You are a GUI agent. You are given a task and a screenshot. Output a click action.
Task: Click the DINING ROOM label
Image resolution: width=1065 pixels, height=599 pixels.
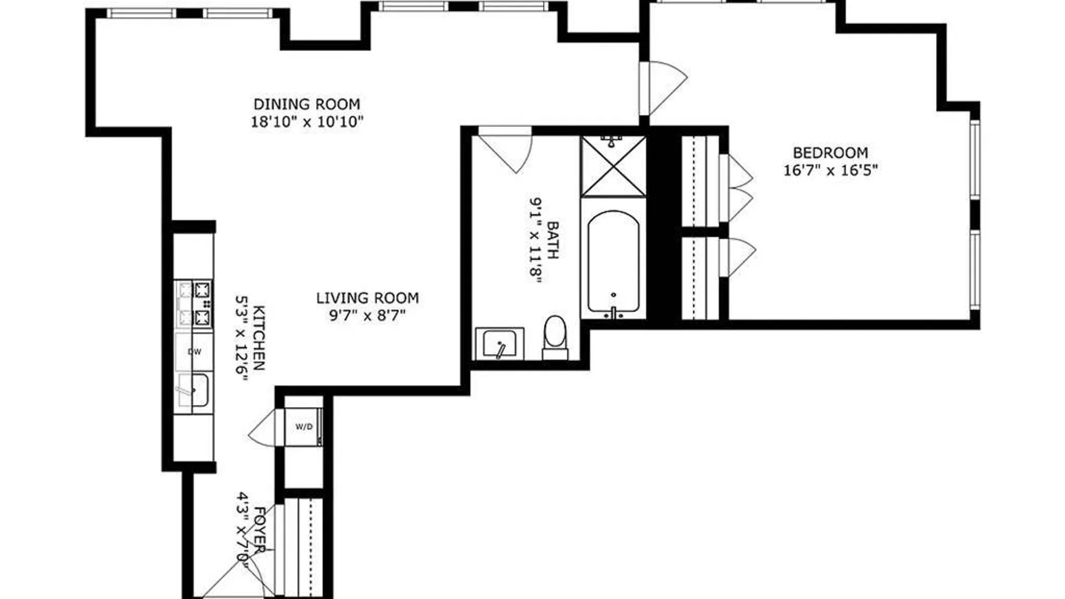pos(307,104)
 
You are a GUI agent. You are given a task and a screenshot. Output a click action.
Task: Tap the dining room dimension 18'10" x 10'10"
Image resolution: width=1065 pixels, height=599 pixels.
pos(307,121)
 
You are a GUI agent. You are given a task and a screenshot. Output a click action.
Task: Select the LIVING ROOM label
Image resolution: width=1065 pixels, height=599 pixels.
pos(367,298)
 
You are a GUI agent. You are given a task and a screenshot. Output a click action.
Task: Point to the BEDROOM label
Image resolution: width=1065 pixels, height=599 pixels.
pos(830,153)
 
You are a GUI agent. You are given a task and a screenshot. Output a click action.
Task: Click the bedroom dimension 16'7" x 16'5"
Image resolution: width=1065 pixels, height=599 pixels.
pos(830,170)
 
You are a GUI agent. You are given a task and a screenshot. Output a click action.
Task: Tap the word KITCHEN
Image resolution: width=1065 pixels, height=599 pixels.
pos(259,338)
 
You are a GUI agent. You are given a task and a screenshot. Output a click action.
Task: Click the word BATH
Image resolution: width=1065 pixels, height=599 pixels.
pos(553,240)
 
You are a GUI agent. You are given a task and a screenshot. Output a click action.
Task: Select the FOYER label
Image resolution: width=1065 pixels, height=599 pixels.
pos(259,529)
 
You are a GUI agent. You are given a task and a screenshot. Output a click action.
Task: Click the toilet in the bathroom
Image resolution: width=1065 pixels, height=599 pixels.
pos(555,337)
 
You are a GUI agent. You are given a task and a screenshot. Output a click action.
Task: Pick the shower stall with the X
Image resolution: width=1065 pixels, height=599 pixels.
pos(613,166)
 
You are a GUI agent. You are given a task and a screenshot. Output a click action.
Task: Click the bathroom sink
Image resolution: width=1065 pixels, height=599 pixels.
pos(499,344)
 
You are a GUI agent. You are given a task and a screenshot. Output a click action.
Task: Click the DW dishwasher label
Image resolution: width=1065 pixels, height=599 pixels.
pos(194,352)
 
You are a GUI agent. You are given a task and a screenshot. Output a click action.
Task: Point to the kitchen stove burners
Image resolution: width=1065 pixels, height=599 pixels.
pos(193,303)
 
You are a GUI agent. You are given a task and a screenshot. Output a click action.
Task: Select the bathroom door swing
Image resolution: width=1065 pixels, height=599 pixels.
pos(505,150)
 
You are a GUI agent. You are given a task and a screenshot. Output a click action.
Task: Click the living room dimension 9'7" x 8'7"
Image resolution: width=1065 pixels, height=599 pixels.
pos(367,316)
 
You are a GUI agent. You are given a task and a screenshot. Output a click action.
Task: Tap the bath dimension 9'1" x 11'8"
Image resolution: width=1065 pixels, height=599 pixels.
pos(535,240)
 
